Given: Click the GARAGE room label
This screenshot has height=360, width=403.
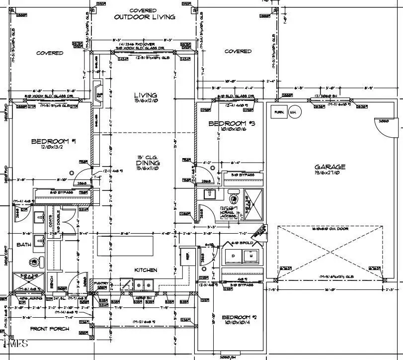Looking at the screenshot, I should tap(330, 167).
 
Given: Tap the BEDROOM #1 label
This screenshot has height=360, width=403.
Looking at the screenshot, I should tap(54, 142).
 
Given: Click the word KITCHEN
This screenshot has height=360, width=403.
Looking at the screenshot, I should tap(146, 270).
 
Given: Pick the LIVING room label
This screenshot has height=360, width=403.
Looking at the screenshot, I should tap(146, 95).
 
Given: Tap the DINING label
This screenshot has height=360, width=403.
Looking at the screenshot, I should tap(148, 163).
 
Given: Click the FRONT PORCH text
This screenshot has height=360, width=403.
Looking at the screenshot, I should tap(50, 329).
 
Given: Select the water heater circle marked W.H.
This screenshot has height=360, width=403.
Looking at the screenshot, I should tap(294, 112).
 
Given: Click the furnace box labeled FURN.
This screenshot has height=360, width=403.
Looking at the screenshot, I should tap(279, 112).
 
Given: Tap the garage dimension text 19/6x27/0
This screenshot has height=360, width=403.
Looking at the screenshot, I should tap(330, 174).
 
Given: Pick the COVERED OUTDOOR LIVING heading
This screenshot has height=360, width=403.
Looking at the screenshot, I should tap(145, 13).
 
